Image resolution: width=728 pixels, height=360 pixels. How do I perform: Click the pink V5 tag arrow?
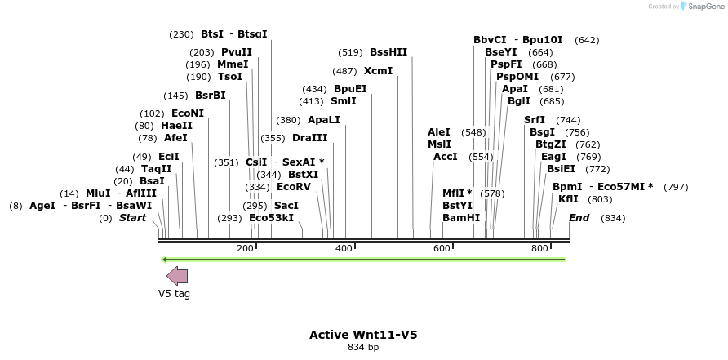pyautogui.click(x=177, y=276)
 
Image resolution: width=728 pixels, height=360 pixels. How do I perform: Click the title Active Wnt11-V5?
pyautogui.click(x=363, y=335)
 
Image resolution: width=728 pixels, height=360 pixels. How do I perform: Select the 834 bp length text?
pyautogui.click(x=363, y=348)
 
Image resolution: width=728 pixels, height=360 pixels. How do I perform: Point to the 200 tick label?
pyautogui.click(x=245, y=249)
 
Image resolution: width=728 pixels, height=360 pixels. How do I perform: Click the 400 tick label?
pyautogui.click(x=344, y=249)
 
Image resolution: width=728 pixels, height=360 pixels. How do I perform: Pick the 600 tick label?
pyautogui.click(x=442, y=249)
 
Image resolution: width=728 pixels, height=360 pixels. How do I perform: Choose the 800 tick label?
pyautogui.click(x=539, y=249)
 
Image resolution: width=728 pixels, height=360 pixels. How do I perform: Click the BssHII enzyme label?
pyautogui.click(x=388, y=52)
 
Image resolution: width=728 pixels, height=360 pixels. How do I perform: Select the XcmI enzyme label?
pyautogui.click(x=378, y=71)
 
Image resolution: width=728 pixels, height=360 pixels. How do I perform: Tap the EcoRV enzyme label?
pyautogui.click(x=294, y=187)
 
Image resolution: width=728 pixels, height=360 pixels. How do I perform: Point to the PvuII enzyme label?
pyautogui.click(x=237, y=52)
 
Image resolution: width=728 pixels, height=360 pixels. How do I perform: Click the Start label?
pyautogui.click(x=132, y=218)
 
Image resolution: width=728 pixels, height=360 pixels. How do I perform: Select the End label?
pyautogui.click(x=579, y=218)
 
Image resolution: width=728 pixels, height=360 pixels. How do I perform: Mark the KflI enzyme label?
pyautogui.click(x=568, y=199)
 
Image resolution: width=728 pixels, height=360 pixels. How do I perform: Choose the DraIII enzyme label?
pyautogui.click(x=309, y=138)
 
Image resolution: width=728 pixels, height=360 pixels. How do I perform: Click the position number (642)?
pyautogui.click(x=587, y=40)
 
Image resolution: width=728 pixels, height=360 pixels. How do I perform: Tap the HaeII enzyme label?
pyautogui.click(x=176, y=126)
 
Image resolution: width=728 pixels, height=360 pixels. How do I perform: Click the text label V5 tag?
pyautogui.click(x=174, y=294)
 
